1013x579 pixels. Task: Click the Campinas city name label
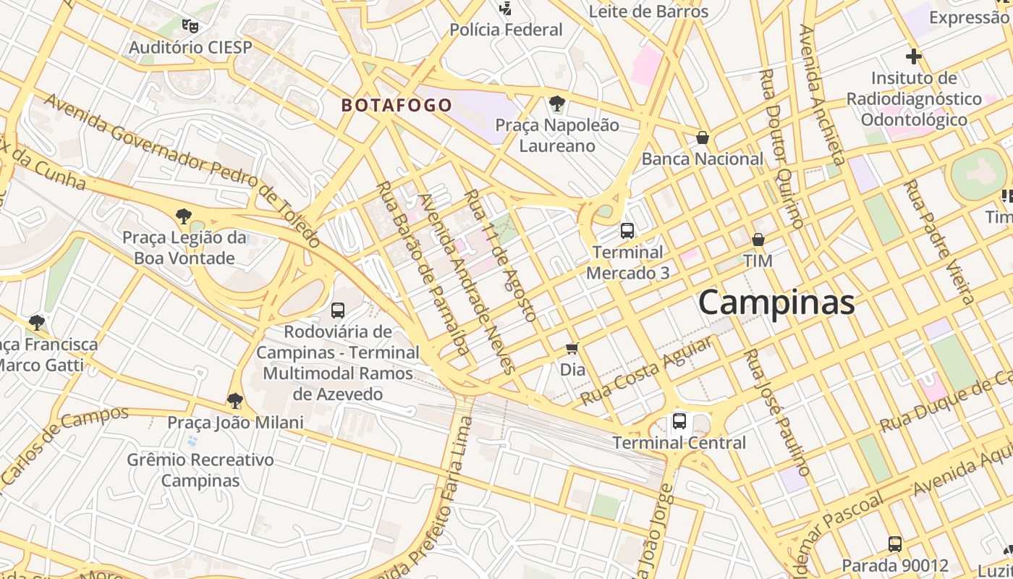pyautogui.click(x=776, y=302)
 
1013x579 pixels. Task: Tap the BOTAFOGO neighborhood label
pyautogui.click(x=397, y=106)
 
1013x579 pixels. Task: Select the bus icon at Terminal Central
pyautogui.click(x=679, y=420)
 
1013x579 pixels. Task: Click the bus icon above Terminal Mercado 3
pyautogui.click(x=627, y=231)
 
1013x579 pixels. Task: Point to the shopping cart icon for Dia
pyautogui.click(x=572, y=349)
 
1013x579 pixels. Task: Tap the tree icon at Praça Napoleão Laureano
pyautogui.click(x=556, y=103)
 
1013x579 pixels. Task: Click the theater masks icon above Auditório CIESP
pyautogui.click(x=190, y=26)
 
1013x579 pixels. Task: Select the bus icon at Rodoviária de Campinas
pyautogui.click(x=337, y=310)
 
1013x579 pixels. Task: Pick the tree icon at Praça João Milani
pyautogui.click(x=234, y=400)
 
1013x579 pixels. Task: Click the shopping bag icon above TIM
pyautogui.click(x=758, y=240)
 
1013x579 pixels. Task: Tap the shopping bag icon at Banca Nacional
pyautogui.click(x=702, y=138)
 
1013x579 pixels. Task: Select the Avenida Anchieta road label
pyautogui.click(x=822, y=94)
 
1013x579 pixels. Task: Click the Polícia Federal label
pyautogui.click(x=506, y=30)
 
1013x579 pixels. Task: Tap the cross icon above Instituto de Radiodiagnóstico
pyautogui.click(x=913, y=56)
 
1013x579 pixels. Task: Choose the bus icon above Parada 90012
pyautogui.click(x=894, y=544)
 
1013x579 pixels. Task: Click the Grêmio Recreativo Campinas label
pyautogui.click(x=200, y=470)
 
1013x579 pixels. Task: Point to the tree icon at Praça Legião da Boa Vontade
pyautogui.click(x=183, y=216)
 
